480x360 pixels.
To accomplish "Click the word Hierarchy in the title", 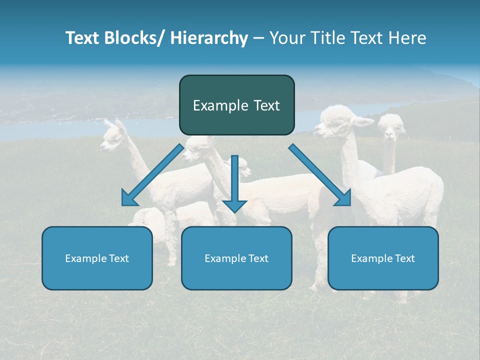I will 209,38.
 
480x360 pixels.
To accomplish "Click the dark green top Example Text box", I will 236,105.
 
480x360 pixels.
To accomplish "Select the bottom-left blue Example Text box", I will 97,258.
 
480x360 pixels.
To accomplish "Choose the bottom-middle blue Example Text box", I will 236,258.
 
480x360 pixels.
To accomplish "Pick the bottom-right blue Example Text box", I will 383,258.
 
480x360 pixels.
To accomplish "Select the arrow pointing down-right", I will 320,175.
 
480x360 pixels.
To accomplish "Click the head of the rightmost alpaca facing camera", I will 391,127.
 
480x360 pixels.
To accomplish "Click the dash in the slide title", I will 258,38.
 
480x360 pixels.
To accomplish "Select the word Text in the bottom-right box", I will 404,258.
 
